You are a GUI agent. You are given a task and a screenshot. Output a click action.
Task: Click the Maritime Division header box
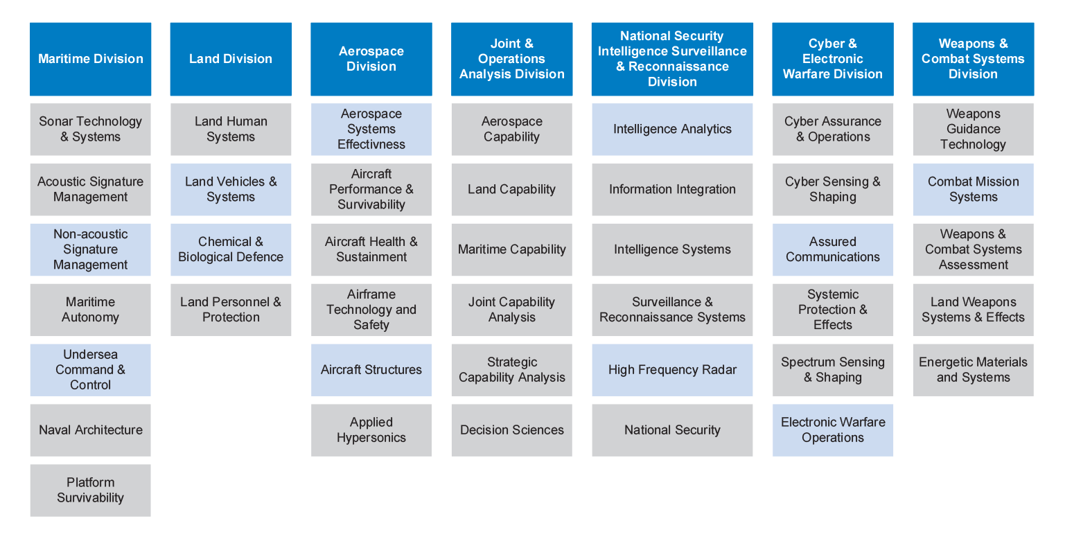tap(90, 59)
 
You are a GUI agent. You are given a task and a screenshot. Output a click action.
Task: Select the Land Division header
tap(231, 59)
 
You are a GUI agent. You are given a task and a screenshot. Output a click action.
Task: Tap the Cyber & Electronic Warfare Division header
tap(832, 59)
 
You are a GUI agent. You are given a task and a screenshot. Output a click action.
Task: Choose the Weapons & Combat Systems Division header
tap(973, 59)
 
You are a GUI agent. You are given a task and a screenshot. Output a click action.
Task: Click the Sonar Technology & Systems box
tap(90, 130)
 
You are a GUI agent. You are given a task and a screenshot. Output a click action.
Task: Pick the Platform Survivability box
tap(90, 490)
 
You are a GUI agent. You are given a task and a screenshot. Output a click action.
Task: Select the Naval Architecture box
tap(90, 430)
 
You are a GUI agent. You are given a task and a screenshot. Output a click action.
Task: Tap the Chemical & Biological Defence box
tap(231, 249)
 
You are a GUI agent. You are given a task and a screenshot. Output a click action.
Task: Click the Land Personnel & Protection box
tap(231, 310)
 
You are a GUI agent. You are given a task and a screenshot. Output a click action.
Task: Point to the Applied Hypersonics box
tap(371, 430)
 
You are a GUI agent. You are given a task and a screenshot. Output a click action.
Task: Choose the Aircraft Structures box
tap(371, 370)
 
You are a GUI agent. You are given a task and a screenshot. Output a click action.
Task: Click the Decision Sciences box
tap(511, 430)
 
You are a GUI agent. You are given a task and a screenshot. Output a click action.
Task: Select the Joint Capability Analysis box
tap(511, 310)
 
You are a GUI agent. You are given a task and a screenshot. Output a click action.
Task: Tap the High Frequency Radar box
tap(672, 370)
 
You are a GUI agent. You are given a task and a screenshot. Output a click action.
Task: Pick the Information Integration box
tap(672, 190)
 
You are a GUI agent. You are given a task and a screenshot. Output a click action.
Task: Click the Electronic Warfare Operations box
tap(832, 430)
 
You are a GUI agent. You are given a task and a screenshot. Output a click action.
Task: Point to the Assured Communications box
tap(832, 249)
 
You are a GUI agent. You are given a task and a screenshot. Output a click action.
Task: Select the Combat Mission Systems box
tap(973, 190)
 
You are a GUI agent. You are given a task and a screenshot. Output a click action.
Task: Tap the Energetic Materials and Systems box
tap(973, 370)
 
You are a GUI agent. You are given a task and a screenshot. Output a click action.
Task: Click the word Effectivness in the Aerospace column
tap(371, 145)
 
